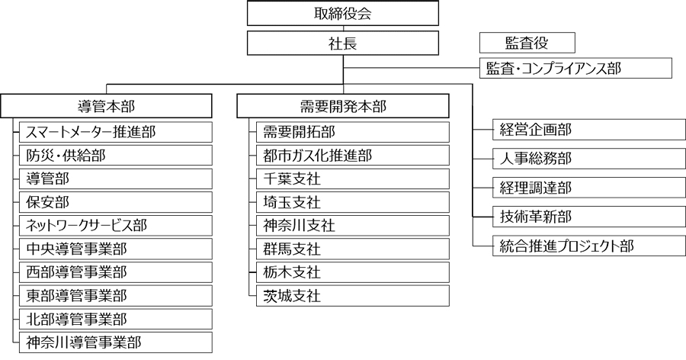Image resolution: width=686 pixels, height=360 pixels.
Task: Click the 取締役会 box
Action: click(x=343, y=13)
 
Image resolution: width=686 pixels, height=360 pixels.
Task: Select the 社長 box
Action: click(x=343, y=43)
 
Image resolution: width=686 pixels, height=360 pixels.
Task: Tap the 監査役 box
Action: click(x=527, y=43)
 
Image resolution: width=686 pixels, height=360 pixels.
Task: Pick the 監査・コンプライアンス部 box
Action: click(x=575, y=69)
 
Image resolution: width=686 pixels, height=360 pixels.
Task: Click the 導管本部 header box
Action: click(x=106, y=106)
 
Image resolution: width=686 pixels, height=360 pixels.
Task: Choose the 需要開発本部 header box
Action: click(x=343, y=106)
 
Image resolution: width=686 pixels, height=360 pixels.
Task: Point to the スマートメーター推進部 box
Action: click(x=116, y=132)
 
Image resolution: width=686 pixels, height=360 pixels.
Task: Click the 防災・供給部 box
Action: click(x=116, y=156)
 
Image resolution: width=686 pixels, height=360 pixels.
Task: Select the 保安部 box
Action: click(x=116, y=202)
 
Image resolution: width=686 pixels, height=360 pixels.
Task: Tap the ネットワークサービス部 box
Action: click(x=116, y=226)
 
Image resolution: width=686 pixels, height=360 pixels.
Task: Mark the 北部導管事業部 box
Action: click(x=116, y=319)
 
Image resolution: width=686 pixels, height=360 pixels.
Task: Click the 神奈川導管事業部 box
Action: click(x=116, y=342)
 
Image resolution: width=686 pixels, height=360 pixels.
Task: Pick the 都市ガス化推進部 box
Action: click(x=353, y=156)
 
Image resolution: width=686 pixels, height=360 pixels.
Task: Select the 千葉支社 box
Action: click(x=353, y=178)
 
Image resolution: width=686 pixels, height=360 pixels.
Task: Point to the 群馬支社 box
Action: click(x=353, y=249)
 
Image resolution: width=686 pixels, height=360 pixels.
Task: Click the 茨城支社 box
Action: click(x=353, y=296)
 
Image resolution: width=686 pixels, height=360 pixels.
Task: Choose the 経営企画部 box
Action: click(x=589, y=130)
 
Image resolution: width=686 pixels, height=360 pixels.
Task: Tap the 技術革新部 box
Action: click(x=589, y=217)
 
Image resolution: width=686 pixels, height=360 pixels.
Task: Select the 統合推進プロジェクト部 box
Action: click(x=589, y=246)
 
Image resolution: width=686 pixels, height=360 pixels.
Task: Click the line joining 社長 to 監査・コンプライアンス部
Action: click(x=412, y=69)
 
